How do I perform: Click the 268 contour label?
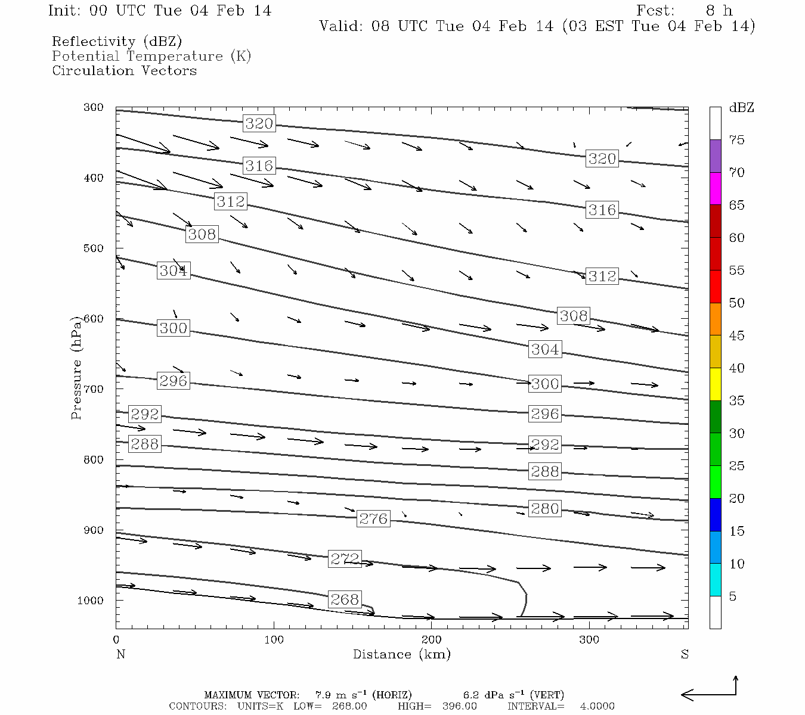click(345, 599)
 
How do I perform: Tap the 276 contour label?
click(373, 519)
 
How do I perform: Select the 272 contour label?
click(345, 559)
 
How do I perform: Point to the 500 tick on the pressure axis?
click(94, 248)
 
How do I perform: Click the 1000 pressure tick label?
click(91, 601)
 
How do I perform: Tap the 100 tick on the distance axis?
click(274, 640)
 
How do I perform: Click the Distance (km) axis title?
click(401, 654)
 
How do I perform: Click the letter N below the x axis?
click(120, 654)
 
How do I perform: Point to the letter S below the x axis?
click(685, 654)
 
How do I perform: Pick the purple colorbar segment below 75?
click(715, 156)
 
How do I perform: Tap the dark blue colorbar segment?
click(715, 515)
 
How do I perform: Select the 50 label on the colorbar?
click(736, 303)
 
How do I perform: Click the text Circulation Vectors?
click(124, 71)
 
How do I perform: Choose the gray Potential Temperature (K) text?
click(151, 57)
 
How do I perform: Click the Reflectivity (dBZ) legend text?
click(117, 42)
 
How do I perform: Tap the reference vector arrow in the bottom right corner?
click(710, 691)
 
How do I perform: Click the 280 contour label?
click(545, 508)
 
